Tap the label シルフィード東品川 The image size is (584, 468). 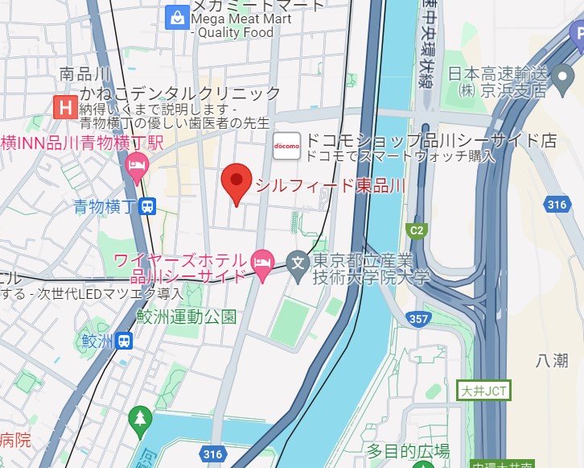pyautogui.click(x=330, y=186)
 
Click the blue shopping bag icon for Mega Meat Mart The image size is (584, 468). pyautogui.click(x=175, y=16)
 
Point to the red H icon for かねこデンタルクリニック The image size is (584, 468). pyautogui.click(x=64, y=106)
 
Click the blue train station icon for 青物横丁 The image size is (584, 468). pyautogui.click(x=146, y=207)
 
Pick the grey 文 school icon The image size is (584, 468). pyautogui.click(x=298, y=262)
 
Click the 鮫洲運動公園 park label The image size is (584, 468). pyautogui.click(x=186, y=316)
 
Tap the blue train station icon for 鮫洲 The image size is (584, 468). pyautogui.click(x=123, y=341)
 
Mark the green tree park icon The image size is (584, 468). pyautogui.click(x=140, y=417)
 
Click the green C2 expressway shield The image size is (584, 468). pyautogui.click(x=417, y=231)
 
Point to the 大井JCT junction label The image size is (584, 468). pyautogui.click(x=483, y=391)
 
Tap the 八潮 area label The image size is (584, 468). pyautogui.click(x=551, y=360)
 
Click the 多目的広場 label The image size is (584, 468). pyautogui.click(x=408, y=451)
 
